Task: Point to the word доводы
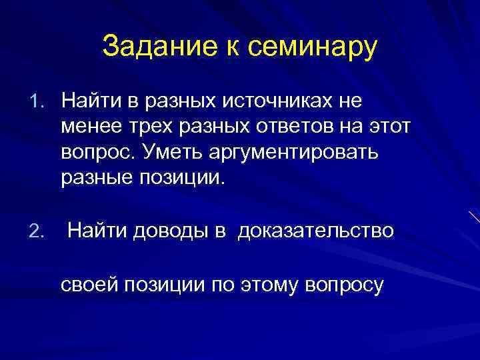[x=168, y=231]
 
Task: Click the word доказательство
[x=316, y=231]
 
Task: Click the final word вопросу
[x=343, y=285]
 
